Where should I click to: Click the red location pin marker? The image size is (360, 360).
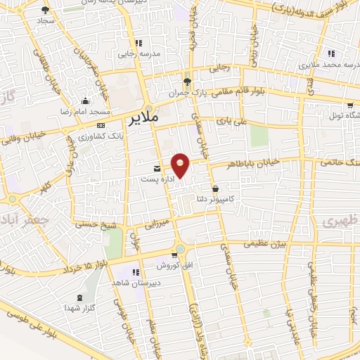[181, 165]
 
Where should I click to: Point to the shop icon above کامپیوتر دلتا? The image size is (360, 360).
[214, 188]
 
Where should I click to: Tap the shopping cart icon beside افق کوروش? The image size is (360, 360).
[174, 255]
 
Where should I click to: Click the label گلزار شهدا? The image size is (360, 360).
[79, 307]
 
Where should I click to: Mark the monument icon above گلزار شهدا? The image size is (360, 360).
[79, 297]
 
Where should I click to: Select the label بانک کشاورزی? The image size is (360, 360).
[97, 135]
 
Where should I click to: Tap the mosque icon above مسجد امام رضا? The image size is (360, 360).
[85, 101]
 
